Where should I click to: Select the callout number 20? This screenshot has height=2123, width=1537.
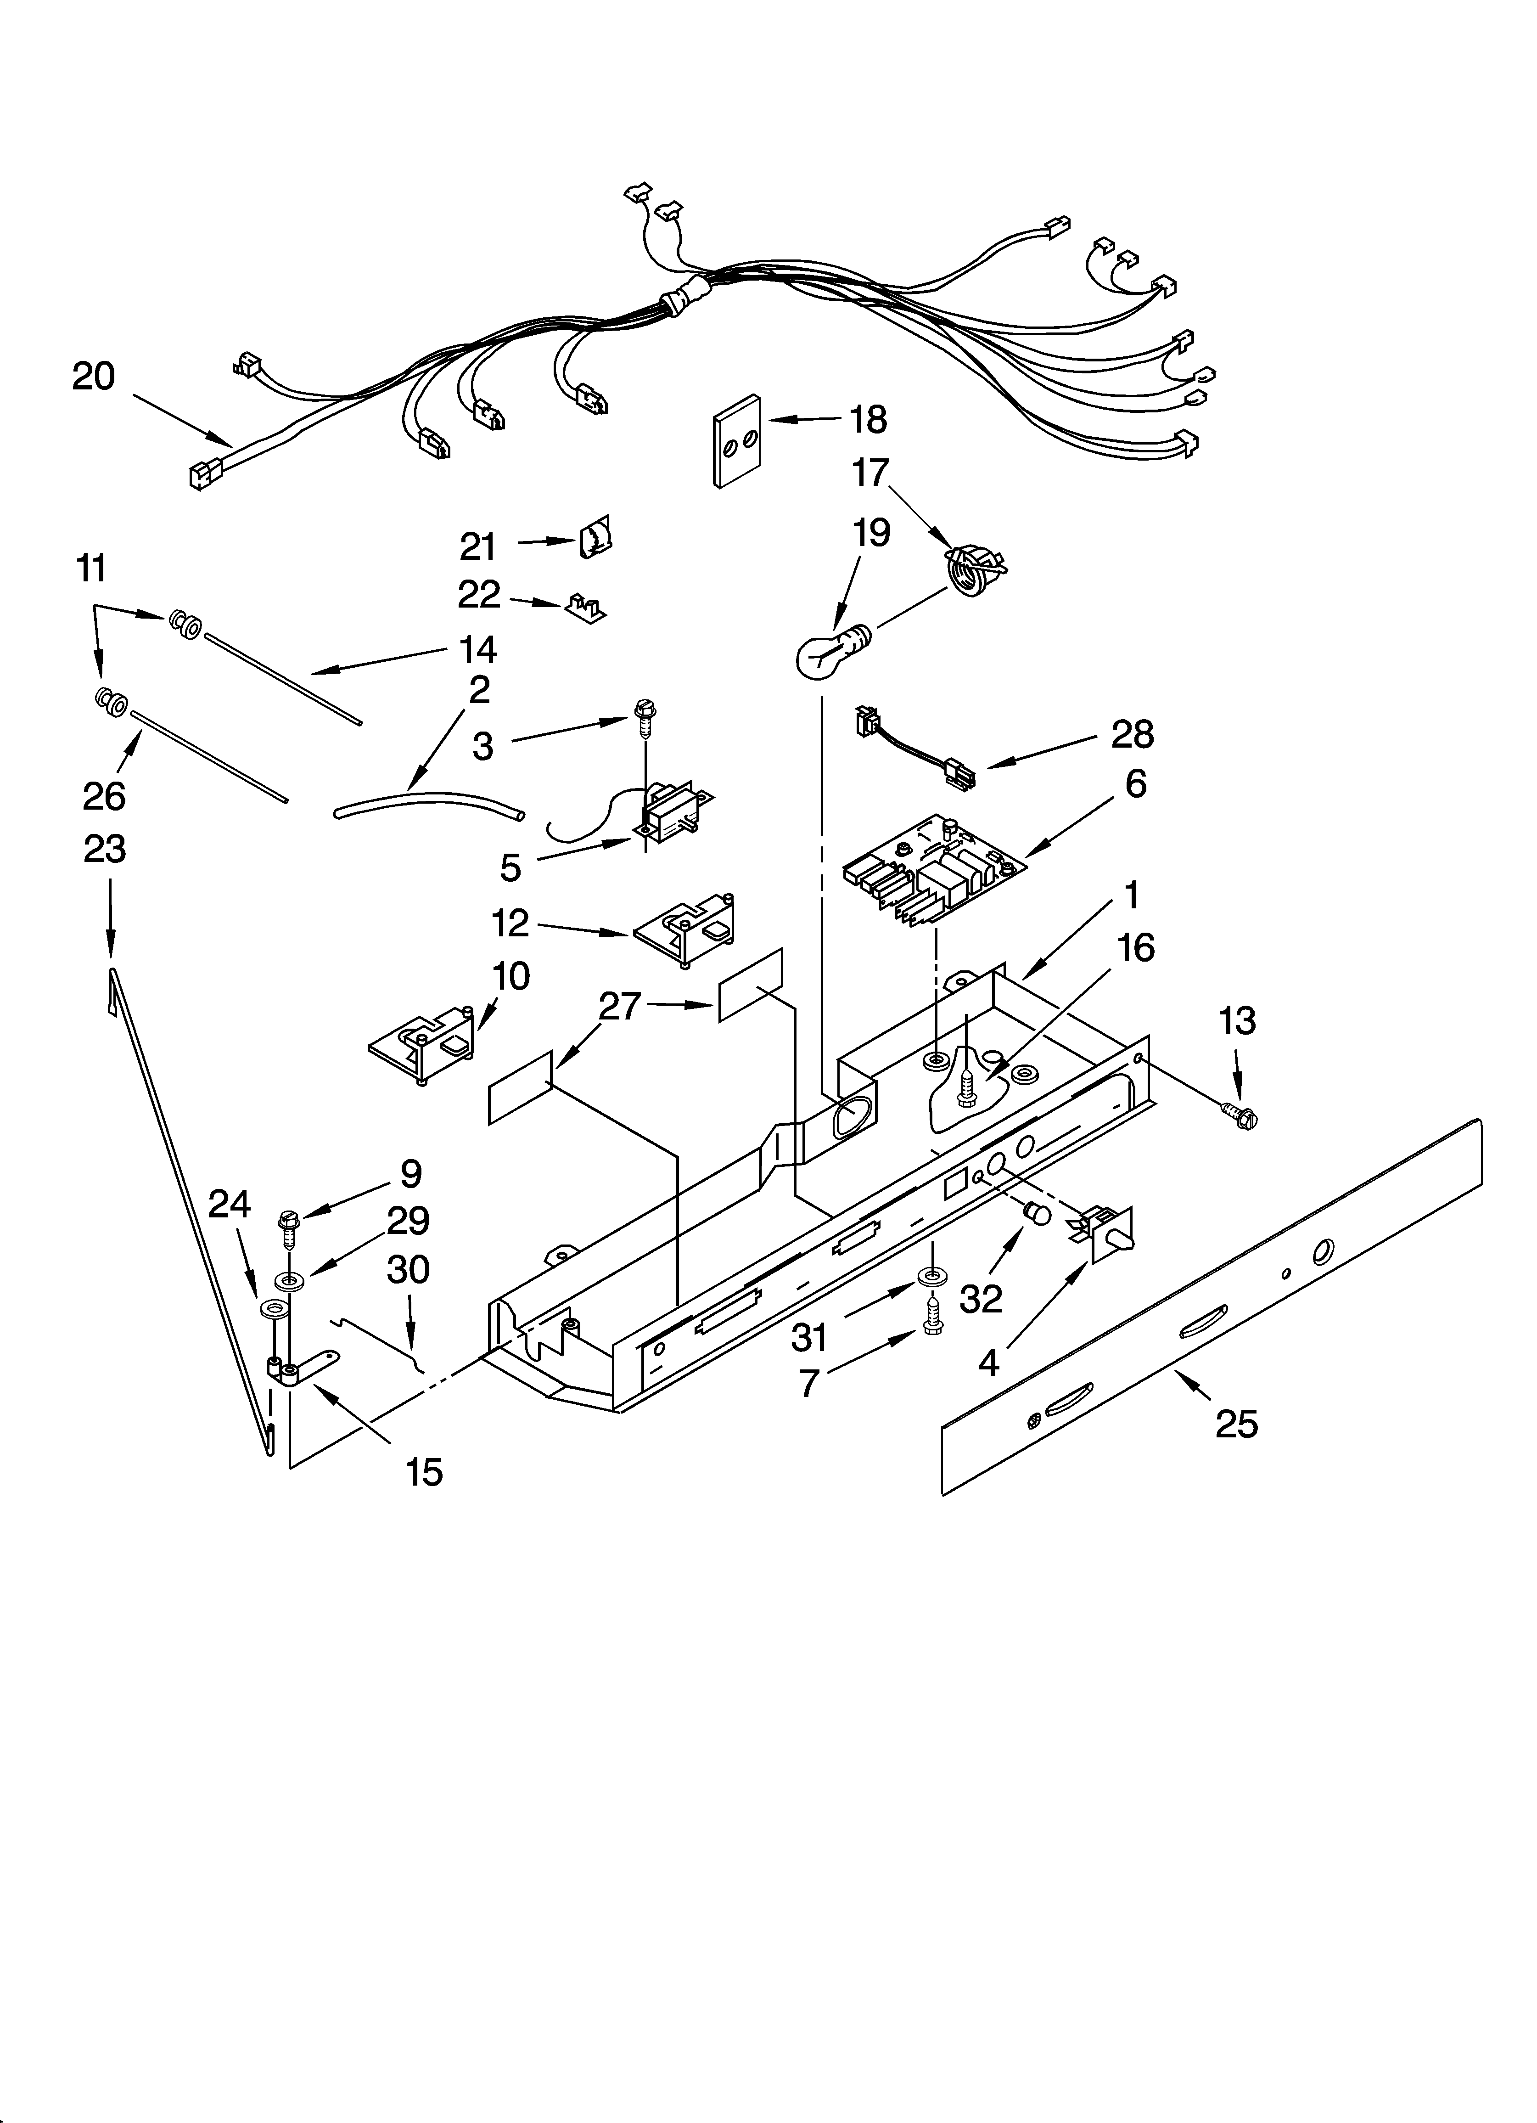(94, 376)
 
